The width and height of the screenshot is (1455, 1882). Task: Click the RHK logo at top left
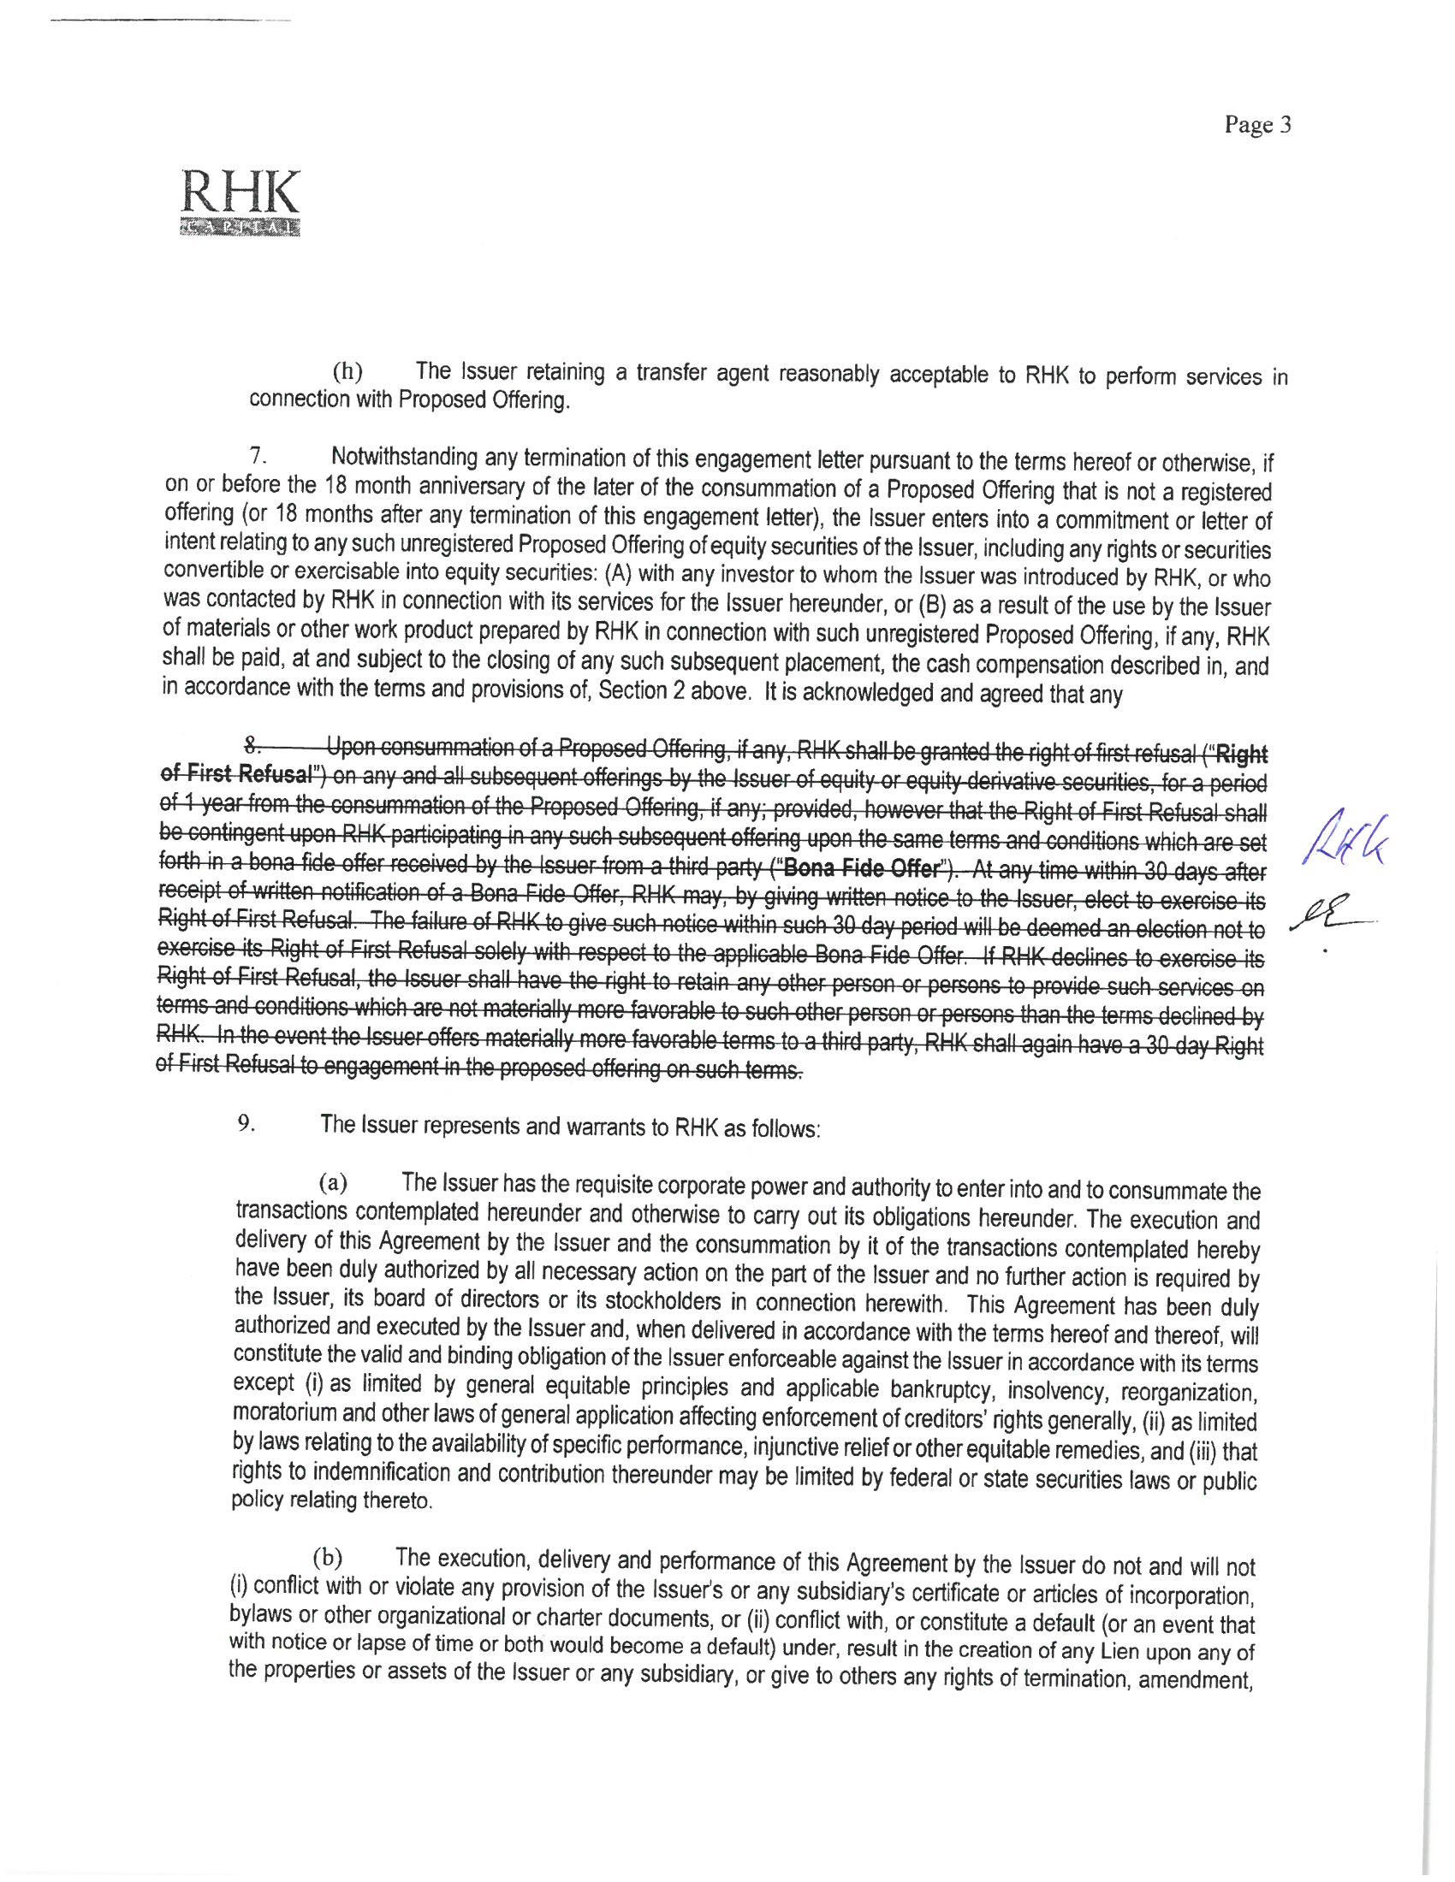click(x=241, y=203)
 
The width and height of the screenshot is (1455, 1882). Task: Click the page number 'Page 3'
click(x=1257, y=126)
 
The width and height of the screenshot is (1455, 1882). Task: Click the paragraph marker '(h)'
click(x=347, y=372)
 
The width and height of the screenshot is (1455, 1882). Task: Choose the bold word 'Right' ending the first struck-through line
click(x=1241, y=755)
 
